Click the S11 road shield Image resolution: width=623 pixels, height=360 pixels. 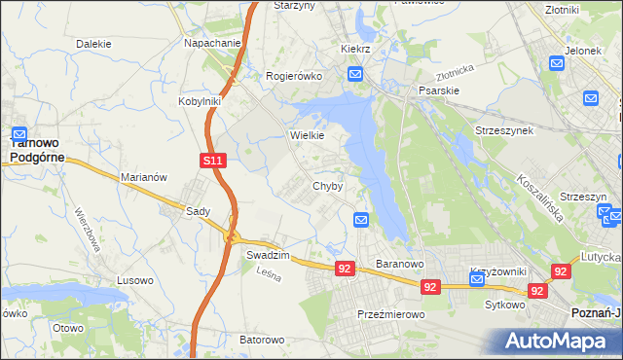coord(215,161)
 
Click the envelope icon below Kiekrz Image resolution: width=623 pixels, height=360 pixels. coord(355,74)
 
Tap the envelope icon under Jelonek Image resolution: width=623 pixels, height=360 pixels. coord(557,63)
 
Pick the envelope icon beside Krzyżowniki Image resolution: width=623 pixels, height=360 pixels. coord(477,279)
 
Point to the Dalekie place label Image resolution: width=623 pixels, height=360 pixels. coord(93,44)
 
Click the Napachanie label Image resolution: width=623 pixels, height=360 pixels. coord(212,44)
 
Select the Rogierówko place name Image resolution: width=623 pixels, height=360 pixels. coord(295,75)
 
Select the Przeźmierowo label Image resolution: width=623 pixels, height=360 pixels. coord(387,314)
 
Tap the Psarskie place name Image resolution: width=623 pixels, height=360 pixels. coord(438,90)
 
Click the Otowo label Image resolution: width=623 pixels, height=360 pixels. coord(68,328)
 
